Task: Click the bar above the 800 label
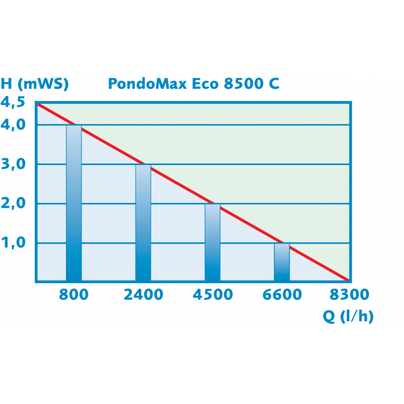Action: coord(73,203)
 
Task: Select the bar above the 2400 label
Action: coord(143,223)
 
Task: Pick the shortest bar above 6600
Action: coord(282,262)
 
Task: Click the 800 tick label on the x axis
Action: coord(73,294)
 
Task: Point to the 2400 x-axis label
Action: coord(143,294)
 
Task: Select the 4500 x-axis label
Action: coord(213,294)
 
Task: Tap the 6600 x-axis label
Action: coord(282,294)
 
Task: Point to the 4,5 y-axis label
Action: coord(14,103)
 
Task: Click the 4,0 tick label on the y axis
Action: coord(14,125)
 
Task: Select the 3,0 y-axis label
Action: coord(14,164)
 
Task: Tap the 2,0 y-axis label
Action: coord(14,204)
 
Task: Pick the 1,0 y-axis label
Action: coord(14,243)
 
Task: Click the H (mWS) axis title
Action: coord(35,83)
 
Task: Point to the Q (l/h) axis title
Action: coord(348,316)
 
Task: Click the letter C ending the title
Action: coord(275,83)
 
